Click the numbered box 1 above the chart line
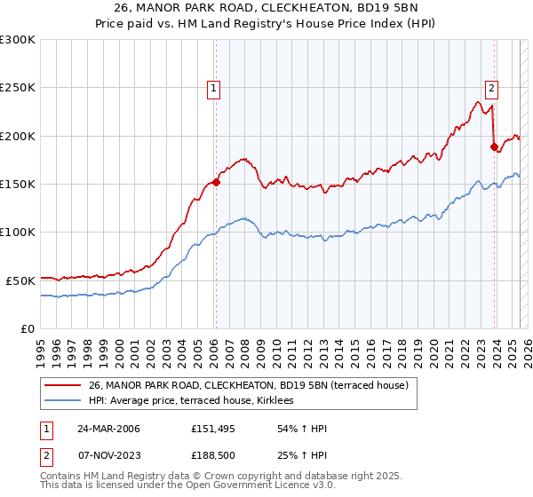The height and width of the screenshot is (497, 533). (x=214, y=88)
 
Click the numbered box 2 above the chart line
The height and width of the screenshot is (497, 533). (x=491, y=88)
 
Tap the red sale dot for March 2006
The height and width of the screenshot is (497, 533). (x=216, y=183)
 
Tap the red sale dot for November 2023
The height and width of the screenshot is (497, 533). (x=493, y=147)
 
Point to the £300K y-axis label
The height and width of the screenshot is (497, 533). (x=18, y=40)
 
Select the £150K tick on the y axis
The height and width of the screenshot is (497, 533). (x=18, y=184)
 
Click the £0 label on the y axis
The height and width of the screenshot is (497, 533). (x=26, y=328)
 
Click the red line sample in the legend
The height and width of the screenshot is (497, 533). (x=62, y=385)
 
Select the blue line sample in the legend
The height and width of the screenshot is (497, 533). (x=62, y=401)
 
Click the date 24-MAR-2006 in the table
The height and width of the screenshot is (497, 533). (x=107, y=430)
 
